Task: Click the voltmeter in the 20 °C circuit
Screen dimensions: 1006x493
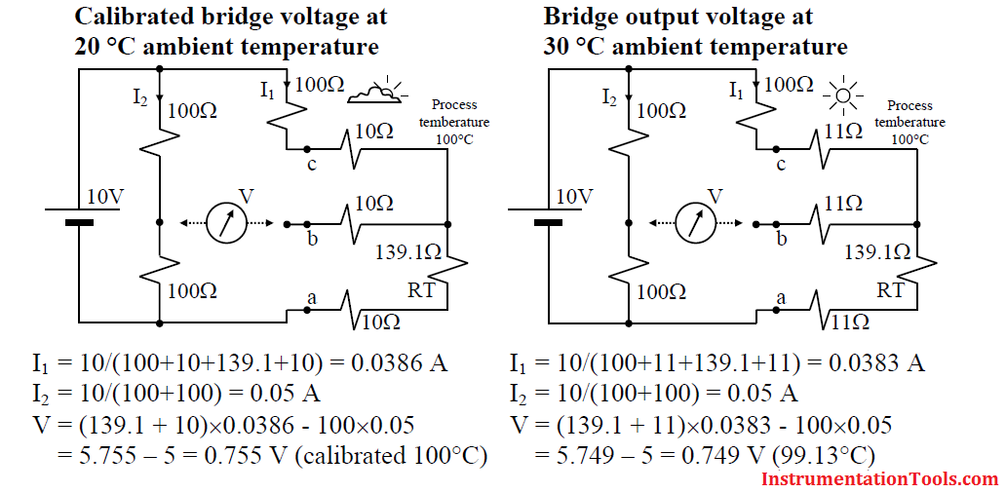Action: (x=226, y=223)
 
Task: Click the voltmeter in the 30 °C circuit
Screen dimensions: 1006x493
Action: (x=695, y=223)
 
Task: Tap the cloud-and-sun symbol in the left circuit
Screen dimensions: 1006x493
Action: (x=376, y=91)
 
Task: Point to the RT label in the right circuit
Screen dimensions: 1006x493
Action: (x=890, y=290)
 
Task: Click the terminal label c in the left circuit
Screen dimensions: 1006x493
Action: (x=312, y=166)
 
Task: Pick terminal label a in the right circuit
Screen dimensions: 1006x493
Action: (x=782, y=297)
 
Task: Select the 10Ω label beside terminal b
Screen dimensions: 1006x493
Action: (x=375, y=204)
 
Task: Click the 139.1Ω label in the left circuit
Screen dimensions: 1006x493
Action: (x=412, y=252)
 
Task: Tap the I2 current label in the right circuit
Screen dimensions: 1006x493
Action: (x=610, y=97)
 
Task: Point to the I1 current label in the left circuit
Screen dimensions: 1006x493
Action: (x=268, y=91)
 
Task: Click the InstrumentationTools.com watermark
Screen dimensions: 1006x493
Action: (x=880, y=479)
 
